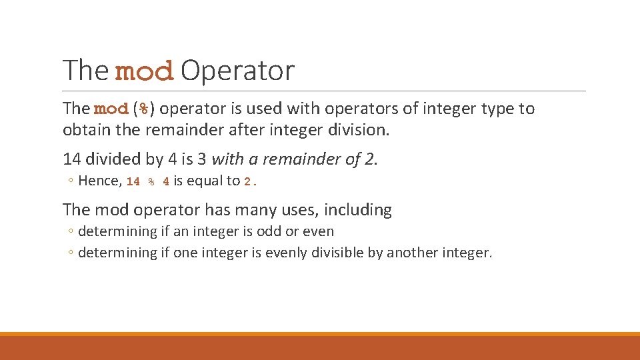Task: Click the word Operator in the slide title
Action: (x=237, y=71)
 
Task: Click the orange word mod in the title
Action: (x=144, y=72)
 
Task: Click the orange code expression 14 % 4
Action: (x=147, y=181)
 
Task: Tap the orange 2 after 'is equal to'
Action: (x=247, y=181)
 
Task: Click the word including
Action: (x=358, y=210)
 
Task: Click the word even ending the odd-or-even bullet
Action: (x=319, y=232)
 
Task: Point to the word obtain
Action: (x=84, y=129)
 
